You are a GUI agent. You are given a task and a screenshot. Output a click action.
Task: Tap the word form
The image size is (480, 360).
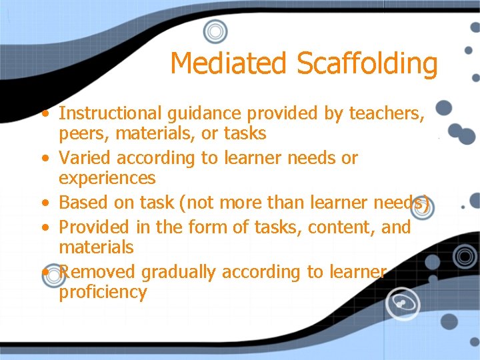click(206, 227)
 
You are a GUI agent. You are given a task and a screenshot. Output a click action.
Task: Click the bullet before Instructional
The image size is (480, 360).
click(43, 113)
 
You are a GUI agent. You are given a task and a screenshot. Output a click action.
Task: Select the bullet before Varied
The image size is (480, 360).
click(43, 159)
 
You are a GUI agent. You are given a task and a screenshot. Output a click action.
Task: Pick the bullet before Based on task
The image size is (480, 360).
click(43, 203)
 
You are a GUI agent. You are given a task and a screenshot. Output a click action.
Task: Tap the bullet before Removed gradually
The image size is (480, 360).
click(43, 272)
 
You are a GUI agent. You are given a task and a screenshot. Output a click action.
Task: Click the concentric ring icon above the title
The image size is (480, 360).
click(215, 31)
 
